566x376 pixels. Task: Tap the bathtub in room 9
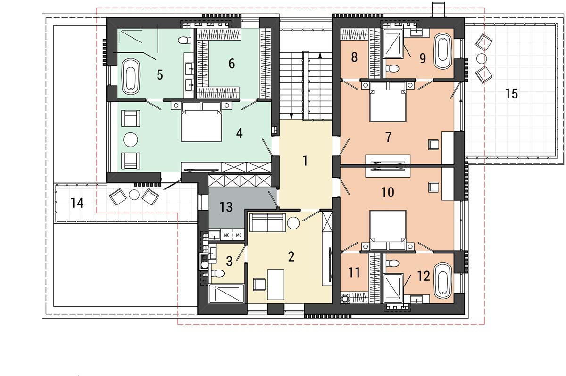[x=443, y=51]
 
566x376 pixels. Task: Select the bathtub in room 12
[x=443, y=281]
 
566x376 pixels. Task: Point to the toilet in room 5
[x=184, y=40]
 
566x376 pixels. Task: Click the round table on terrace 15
[x=482, y=58]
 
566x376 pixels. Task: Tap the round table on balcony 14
[x=134, y=195]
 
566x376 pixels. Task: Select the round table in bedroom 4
[x=131, y=139]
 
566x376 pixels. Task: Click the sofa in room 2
[x=267, y=222]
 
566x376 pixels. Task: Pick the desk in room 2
[x=275, y=285]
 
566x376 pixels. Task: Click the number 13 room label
[x=226, y=207]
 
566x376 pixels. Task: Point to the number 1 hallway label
[x=305, y=161]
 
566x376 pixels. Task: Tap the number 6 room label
[x=232, y=63]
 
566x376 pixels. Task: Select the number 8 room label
[x=354, y=57]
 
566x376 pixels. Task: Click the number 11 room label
[x=354, y=272]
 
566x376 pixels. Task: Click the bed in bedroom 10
[x=388, y=230]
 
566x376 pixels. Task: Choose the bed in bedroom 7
[x=388, y=101]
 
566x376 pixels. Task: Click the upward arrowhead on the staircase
[x=320, y=55]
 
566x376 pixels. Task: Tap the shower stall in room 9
[x=393, y=43]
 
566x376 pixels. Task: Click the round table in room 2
[x=293, y=223]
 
